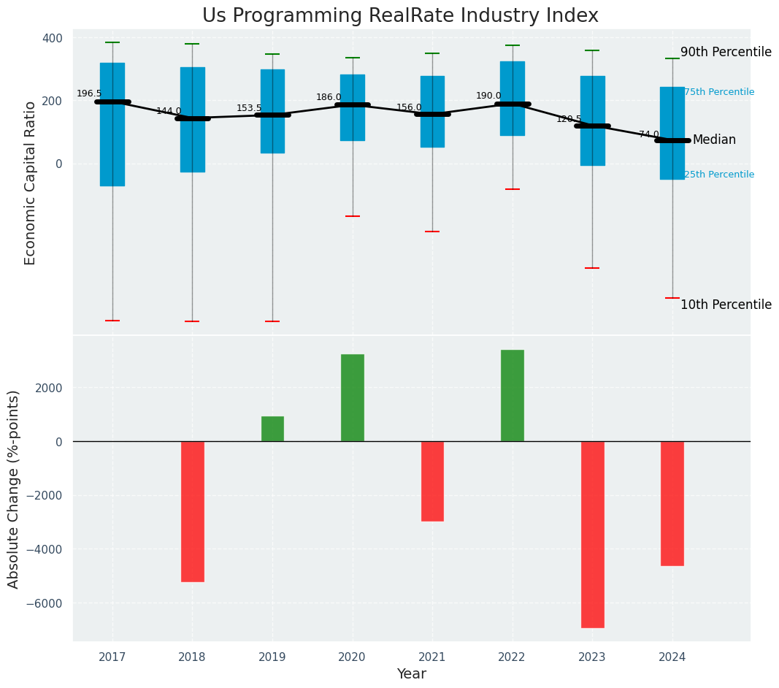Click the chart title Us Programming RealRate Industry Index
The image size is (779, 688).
[400, 16]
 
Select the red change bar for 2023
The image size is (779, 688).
[592, 534]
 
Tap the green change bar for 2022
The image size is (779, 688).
[513, 395]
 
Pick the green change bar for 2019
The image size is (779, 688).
[272, 429]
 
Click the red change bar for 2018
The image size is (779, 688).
[193, 511]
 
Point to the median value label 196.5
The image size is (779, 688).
[89, 93]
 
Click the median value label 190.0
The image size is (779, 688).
[488, 96]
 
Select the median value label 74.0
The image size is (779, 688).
[649, 134]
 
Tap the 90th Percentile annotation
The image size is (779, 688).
[726, 52]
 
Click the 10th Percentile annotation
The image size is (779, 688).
[726, 305]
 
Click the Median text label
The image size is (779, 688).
[714, 139]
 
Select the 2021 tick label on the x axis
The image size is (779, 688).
[432, 657]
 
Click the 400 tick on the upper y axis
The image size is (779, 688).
[57, 38]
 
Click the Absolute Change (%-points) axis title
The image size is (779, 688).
[14, 489]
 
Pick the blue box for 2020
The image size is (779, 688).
[353, 107]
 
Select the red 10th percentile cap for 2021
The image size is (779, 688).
[432, 232]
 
